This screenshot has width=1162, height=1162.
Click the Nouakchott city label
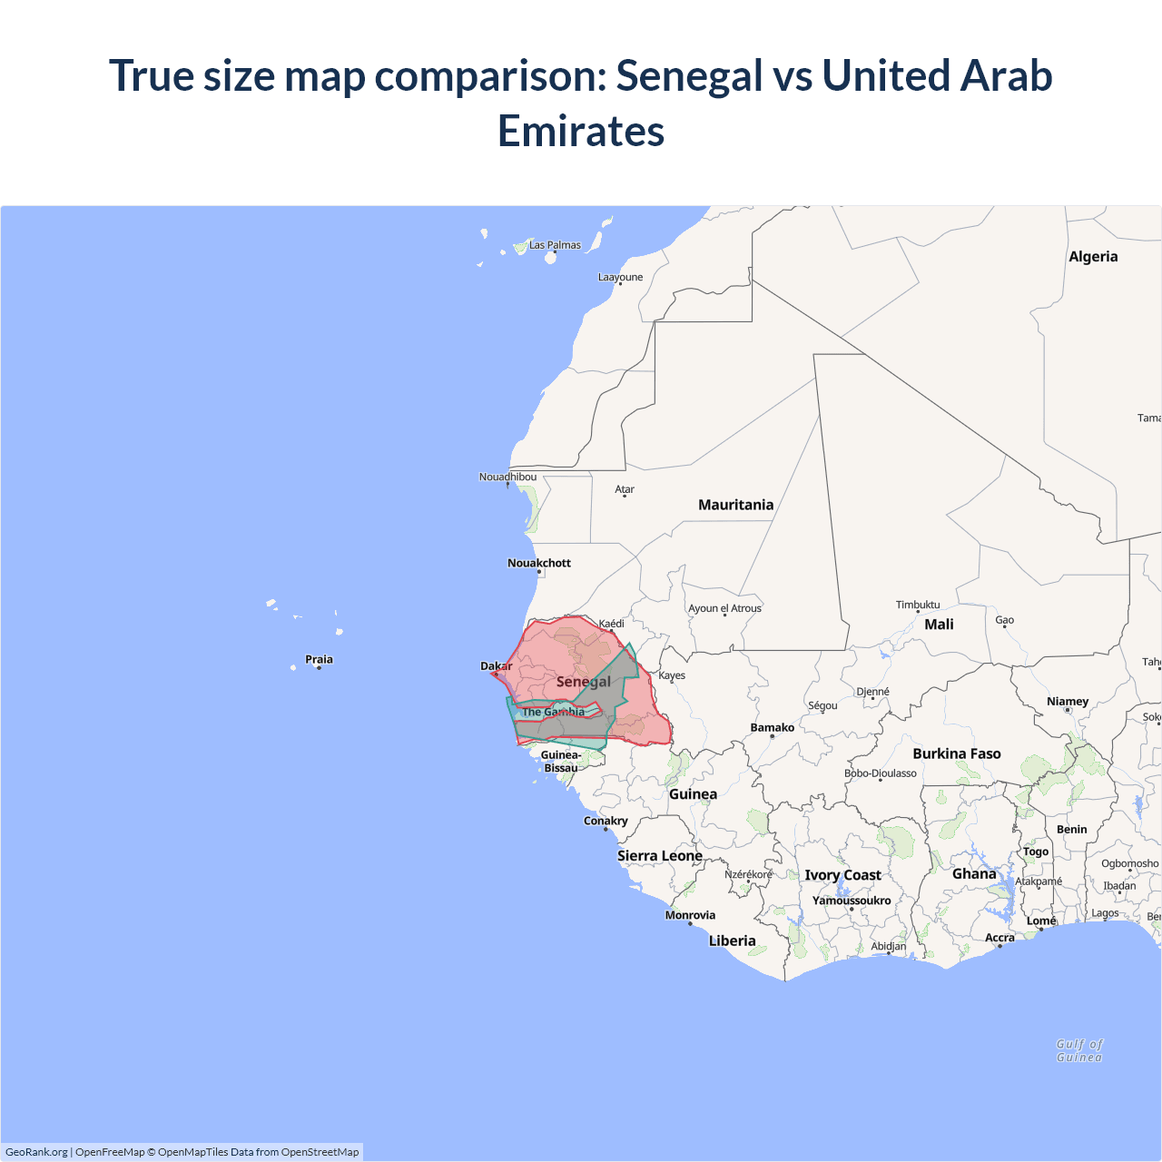539,563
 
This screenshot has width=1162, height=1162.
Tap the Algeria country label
1093,257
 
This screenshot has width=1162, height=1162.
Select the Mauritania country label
735,505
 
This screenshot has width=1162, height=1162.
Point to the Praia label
319,659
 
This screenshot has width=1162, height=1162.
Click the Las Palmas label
555,245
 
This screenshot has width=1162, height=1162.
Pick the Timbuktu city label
918,605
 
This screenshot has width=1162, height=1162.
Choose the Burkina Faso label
957,753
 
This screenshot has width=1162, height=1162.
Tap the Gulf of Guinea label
1079,1050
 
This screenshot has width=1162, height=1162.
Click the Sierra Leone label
660,855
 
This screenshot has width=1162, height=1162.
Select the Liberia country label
732,940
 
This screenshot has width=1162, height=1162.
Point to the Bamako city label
773,727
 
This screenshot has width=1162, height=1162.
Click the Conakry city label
606,821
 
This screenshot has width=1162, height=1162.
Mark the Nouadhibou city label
507,477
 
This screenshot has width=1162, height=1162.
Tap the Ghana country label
974,873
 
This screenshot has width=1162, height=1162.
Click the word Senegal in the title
689,76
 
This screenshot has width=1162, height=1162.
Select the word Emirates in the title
581,132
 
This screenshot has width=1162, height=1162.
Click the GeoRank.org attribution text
36,1152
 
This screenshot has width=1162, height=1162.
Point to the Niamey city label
1068,701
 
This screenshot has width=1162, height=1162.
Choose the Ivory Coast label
842,875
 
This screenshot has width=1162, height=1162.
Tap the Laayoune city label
620,277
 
